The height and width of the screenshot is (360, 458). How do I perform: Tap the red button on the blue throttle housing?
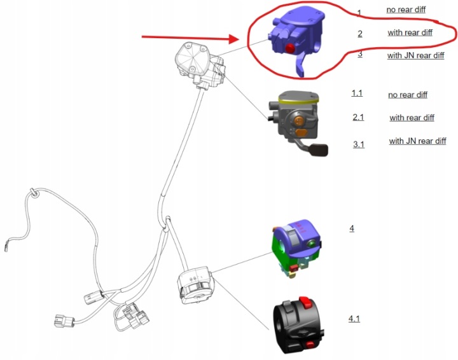pyautogui.click(x=290, y=48)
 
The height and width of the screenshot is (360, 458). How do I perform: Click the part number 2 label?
pyautogui.click(x=360, y=34)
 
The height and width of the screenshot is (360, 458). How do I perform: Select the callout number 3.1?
pyautogui.click(x=359, y=144)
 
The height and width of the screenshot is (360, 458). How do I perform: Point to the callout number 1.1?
pyautogui.click(x=357, y=93)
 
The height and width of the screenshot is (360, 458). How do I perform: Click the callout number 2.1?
pyautogui.click(x=358, y=118)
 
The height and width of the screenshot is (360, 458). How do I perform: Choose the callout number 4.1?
pyautogui.click(x=354, y=319)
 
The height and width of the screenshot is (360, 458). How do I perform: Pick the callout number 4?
pyautogui.click(x=352, y=228)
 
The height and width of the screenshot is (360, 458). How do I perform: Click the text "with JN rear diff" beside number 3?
pyautogui.click(x=415, y=55)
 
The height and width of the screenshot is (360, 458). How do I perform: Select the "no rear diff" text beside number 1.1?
pyautogui.click(x=408, y=95)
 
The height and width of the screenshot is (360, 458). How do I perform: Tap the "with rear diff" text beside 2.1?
pyautogui.click(x=412, y=118)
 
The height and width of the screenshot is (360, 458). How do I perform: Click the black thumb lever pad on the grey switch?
pyautogui.click(x=319, y=149)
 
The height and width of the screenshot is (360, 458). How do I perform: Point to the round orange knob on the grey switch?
pyautogui.click(x=298, y=120)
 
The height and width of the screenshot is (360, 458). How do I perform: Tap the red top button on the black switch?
pyautogui.click(x=304, y=302)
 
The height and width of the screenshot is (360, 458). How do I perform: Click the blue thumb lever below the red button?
pyautogui.click(x=300, y=65)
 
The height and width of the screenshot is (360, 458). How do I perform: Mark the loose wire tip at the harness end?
pyautogui.click(x=6, y=248)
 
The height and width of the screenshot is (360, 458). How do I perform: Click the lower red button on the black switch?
pyautogui.click(x=310, y=345)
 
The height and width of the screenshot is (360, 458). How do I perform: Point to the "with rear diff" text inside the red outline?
pyautogui.click(x=410, y=32)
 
